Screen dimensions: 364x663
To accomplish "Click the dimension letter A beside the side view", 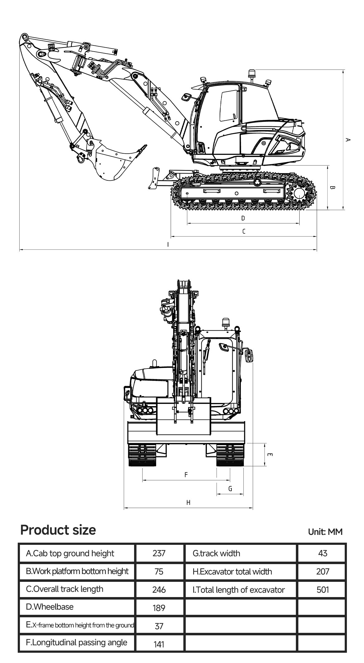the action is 348,140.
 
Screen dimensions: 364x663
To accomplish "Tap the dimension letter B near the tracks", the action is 332,188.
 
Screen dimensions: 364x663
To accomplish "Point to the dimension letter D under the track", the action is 243,218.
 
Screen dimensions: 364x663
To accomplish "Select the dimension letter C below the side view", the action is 244,231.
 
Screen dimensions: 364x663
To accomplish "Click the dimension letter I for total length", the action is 168,244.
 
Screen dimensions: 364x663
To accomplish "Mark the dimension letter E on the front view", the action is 270,455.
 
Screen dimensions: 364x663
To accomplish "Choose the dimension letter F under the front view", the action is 186,475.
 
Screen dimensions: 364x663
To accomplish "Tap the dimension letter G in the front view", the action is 230,489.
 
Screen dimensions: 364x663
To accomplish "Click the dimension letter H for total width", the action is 188,503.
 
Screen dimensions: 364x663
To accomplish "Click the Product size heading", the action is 58,530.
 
